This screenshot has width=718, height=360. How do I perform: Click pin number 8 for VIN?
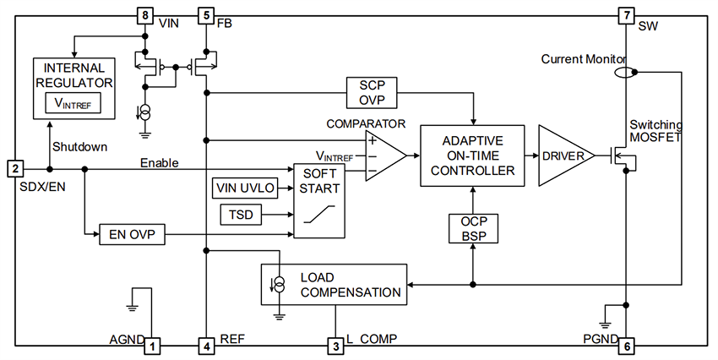(145, 15)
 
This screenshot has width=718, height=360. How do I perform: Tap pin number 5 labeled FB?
(205, 15)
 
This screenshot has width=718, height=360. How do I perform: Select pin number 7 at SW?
(625, 15)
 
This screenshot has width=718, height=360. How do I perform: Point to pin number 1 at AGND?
(152, 345)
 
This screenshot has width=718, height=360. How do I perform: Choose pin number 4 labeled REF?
(205, 345)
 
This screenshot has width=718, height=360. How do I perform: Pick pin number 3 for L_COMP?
(335, 345)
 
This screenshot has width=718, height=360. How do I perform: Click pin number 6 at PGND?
(625, 345)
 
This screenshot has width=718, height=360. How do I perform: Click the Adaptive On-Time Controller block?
(471, 155)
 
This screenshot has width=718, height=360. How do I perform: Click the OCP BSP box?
(471, 227)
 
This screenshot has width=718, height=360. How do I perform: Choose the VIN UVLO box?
(246, 188)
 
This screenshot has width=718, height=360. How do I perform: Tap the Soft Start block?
(318, 200)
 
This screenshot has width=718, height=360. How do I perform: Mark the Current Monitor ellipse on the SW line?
(626, 73)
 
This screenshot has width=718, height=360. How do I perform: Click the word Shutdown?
(79, 146)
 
